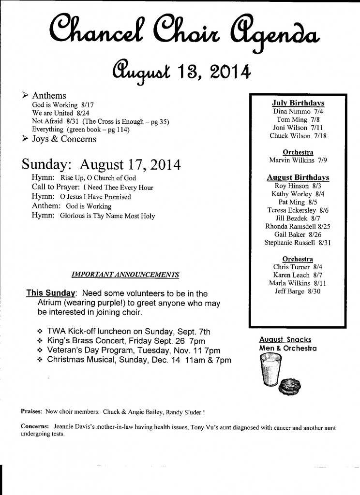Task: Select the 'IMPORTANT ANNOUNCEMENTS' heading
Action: (125, 275)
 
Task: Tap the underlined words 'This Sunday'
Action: (51, 293)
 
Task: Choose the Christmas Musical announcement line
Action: (134, 360)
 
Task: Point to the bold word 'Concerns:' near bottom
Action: (35, 427)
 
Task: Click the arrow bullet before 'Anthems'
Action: (25, 95)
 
